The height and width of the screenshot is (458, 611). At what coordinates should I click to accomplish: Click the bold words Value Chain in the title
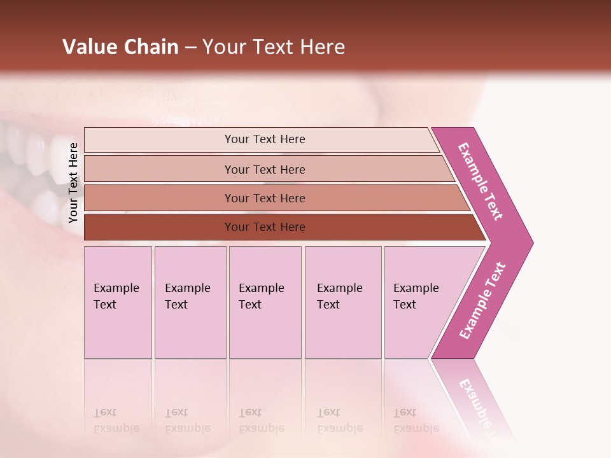point(120,47)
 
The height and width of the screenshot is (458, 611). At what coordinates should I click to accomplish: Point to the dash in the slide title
point(190,48)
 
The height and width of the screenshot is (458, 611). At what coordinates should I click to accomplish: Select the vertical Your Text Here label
point(73,183)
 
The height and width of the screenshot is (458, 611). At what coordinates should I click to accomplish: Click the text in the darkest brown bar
point(265,227)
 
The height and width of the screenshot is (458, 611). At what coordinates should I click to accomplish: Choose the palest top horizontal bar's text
point(265,139)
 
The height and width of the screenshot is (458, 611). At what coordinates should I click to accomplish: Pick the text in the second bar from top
point(265,170)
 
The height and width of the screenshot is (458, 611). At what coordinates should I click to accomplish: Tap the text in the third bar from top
point(265,198)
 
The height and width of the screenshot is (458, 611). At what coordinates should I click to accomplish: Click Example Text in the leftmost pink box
point(116,296)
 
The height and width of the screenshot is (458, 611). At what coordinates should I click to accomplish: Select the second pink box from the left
point(190,302)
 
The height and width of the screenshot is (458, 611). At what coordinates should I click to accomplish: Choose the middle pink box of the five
point(265,302)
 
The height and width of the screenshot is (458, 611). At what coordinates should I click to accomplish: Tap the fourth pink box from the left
point(343,302)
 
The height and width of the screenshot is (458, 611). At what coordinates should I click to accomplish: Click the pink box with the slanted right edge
point(420,302)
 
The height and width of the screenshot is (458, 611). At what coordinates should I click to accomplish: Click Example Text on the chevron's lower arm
point(482,300)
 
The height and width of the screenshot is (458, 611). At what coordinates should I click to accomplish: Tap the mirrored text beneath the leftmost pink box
point(116,421)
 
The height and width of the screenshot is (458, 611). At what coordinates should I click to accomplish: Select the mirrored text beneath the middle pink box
point(261,421)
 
